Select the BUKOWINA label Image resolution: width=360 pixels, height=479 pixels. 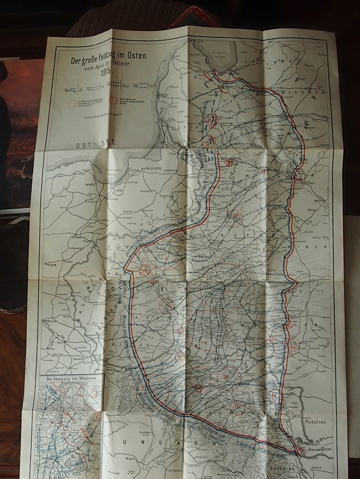(284, 467)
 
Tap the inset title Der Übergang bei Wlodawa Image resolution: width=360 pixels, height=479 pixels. (71, 377)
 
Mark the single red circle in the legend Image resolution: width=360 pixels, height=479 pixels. (72, 103)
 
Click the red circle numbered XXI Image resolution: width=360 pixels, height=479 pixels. (294, 347)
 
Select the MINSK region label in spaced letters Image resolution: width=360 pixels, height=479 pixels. (309, 246)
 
